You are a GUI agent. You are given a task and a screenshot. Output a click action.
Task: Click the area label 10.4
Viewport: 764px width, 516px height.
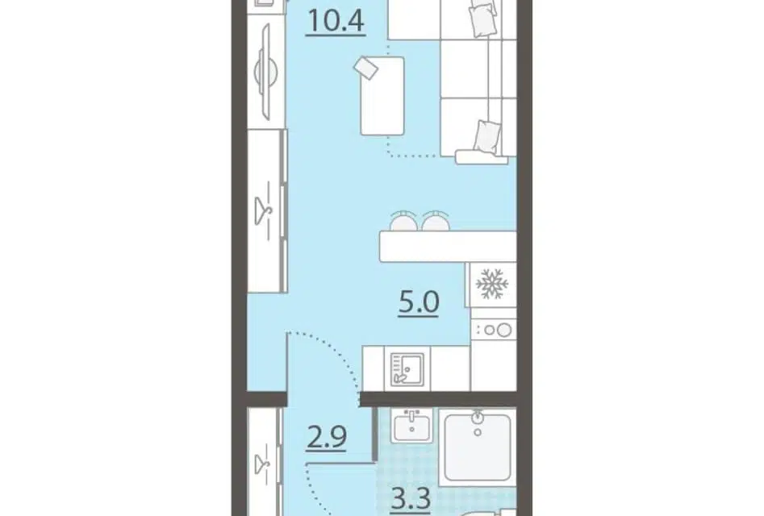[336, 23]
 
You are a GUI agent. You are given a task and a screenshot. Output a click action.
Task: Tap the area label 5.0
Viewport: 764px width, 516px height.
[419, 303]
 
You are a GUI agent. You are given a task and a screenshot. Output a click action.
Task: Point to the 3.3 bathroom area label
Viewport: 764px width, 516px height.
[411, 500]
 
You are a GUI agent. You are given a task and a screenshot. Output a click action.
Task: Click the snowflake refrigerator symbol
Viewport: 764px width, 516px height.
[491, 283]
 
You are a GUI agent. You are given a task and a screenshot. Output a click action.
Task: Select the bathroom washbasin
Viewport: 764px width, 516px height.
[412, 425]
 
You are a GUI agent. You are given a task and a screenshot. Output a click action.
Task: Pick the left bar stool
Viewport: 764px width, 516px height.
[403, 222]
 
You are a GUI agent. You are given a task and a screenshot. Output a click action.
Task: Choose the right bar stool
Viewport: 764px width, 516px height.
[435, 222]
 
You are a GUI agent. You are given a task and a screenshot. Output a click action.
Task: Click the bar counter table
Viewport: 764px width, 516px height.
[448, 247]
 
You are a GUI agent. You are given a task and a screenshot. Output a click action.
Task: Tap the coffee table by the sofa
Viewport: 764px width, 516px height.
[382, 96]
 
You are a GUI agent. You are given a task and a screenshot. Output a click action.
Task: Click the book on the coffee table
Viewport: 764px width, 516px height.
[366, 67]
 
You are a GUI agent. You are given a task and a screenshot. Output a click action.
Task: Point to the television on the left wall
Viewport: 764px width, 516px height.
[265, 72]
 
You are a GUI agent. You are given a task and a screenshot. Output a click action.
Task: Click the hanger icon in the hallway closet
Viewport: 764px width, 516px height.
[264, 459]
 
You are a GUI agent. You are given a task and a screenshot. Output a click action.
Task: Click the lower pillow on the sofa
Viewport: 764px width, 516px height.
[487, 137]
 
